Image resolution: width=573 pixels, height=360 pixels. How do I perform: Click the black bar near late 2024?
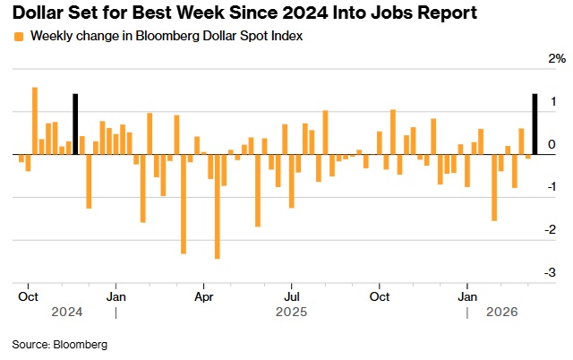pyautogui.click(x=76, y=124)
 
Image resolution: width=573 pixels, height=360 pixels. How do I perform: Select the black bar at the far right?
pyautogui.click(x=535, y=124)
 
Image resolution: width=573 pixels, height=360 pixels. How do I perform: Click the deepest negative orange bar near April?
pyautogui.click(x=217, y=206)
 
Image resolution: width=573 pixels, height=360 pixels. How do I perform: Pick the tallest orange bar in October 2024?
pyautogui.click(x=35, y=120)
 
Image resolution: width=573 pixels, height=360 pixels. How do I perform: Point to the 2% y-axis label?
pyautogui.click(x=557, y=58)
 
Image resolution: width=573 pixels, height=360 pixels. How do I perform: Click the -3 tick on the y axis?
pyautogui.click(x=552, y=272)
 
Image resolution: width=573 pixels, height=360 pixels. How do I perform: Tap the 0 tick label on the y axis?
pyautogui.click(x=552, y=143)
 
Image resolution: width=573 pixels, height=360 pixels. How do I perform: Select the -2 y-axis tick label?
pyautogui.click(x=552, y=229)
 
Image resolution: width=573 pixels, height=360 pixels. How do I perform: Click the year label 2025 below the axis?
pyautogui.click(x=292, y=313)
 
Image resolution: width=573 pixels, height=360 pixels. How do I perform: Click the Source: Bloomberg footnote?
pyautogui.click(x=59, y=344)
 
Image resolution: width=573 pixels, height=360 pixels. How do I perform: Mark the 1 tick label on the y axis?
pyautogui.click(x=552, y=100)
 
